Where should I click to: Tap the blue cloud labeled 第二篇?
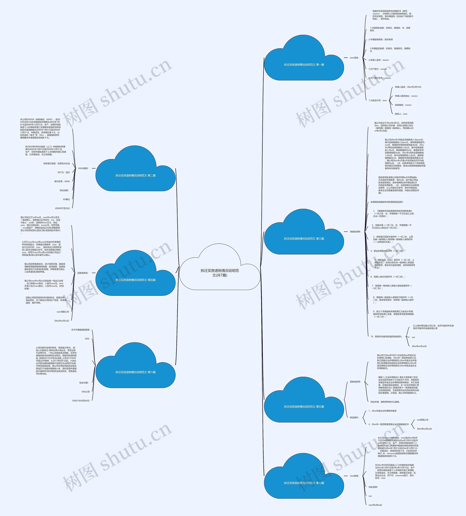click(135, 175)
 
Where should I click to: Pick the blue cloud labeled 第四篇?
click(135, 280)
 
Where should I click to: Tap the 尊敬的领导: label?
click(355, 232)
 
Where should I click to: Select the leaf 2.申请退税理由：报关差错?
click(380, 40)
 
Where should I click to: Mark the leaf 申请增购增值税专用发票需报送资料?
click(387, 202)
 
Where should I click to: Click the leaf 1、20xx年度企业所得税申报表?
click(382, 411)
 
